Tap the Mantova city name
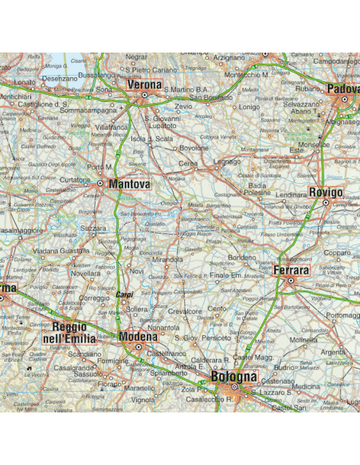coord(130,184)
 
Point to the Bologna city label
coord(234,376)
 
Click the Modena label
coord(139,338)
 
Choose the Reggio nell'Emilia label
coord(68,333)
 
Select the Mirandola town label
coord(167,260)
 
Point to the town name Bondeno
coord(242,257)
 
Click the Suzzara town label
coord(93,228)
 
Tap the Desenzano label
coord(60,79)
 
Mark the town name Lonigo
coord(249,106)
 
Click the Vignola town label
coord(143,399)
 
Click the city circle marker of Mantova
coord(100,183)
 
